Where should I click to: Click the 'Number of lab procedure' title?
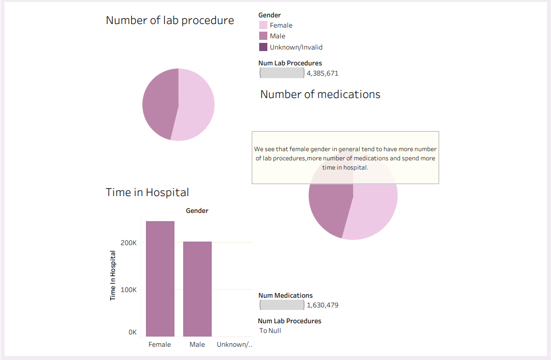click(x=170, y=20)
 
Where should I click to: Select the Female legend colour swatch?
click(x=263, y=25)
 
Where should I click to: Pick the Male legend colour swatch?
click(x=263, y=36)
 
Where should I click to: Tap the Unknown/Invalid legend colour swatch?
click(x=263, y=47)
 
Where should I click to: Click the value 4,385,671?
click(x=322, y=73)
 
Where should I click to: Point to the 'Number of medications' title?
click(x=320, y=94)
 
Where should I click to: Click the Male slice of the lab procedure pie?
click(x=159, y=105)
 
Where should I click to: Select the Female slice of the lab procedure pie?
click(x=196, y=105)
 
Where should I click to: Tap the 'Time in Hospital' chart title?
click(x=147, y=193)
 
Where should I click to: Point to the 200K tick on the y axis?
click(x=129, y=243)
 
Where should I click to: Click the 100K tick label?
click(x=129, y=290)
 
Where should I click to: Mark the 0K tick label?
click(x=133, y=332)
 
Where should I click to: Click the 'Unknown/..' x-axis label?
click(x=235, y=345)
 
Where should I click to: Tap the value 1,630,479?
click(x=322, y=305)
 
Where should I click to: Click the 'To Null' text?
click(x=270, y=330)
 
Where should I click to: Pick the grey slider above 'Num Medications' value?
click(x=282, y=305)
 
